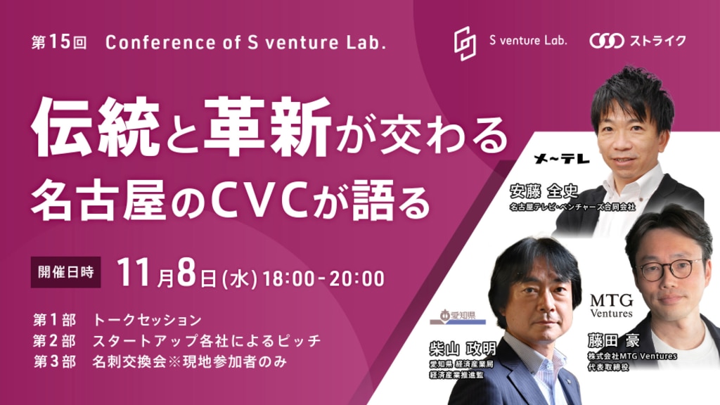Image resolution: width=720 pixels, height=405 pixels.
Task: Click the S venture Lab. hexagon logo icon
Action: point(465,43)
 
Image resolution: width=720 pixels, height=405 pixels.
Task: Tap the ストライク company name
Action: point(657,41)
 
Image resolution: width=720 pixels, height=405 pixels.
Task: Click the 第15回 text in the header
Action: point(59,42)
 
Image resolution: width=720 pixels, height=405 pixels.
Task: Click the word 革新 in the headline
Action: point(268,126)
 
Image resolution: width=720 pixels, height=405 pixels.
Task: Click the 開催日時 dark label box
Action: point(65,272)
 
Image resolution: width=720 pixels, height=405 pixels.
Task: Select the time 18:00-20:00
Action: point(323,278)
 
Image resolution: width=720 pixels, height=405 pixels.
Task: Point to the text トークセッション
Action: point(148,320)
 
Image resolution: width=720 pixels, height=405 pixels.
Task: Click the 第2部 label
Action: point(54,341)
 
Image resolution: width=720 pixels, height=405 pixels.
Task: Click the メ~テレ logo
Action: point(562,159)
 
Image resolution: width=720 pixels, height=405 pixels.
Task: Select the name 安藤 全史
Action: point(544,191)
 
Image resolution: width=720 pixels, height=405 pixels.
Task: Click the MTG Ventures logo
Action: point(611,306)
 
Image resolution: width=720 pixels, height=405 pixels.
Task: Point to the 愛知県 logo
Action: point(457,317)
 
